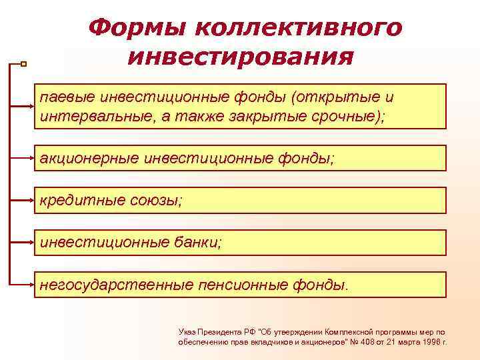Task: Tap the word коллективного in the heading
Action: point(299,28)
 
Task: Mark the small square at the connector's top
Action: point(23,64)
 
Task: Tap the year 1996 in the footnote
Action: point(431,341)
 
